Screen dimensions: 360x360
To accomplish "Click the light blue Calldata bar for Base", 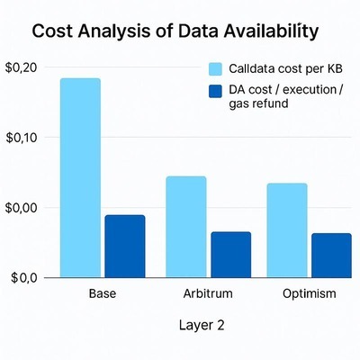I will point(80,177).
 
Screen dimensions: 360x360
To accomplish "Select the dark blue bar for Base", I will point(124,246).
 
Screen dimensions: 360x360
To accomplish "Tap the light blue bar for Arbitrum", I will point(185,226).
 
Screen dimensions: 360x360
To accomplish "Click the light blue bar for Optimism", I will point(287,229).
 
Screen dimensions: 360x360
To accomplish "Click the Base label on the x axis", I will point(103,294).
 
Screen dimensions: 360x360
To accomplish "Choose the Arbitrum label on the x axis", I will point(207,294).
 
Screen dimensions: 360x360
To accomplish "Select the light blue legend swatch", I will point(215,69).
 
